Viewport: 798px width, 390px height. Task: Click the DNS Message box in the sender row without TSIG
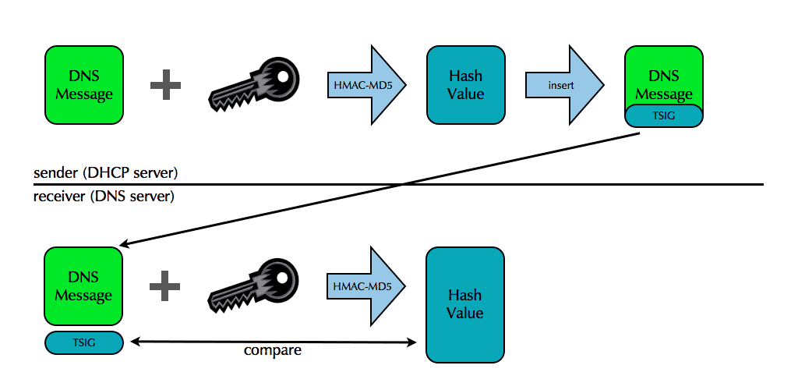[83, 84]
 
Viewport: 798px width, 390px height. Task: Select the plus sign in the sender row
[165, 84]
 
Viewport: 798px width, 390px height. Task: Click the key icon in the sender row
[254, 84]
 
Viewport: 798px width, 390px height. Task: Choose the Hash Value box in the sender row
[466, 84]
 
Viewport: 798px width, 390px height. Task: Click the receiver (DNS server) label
[104, 196]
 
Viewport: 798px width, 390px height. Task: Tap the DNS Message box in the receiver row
[83, 286]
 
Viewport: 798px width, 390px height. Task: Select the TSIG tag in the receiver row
[84, 342]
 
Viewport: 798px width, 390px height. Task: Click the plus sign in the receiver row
[165, 286]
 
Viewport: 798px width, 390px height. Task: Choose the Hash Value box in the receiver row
[465, 304]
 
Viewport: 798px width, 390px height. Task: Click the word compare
[273, 351]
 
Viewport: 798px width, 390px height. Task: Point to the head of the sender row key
[277, 75]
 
